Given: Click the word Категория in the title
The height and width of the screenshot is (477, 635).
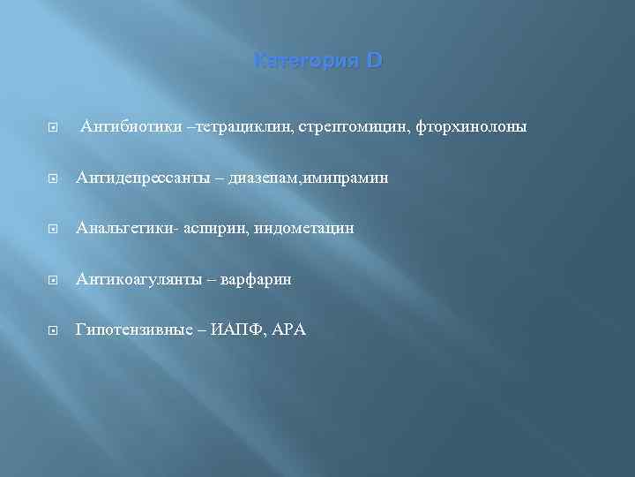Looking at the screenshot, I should point(302,62).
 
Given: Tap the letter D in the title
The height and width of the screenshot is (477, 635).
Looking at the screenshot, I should point(374,62).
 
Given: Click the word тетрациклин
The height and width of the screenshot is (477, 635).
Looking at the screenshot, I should point(215,127).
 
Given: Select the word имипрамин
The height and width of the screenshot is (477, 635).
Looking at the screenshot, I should point(346,178).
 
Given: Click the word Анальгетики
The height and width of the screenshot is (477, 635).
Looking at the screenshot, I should point(124,229).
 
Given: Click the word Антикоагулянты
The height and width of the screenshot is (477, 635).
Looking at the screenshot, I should point(139,279).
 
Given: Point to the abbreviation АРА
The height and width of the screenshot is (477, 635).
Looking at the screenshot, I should point(288,329).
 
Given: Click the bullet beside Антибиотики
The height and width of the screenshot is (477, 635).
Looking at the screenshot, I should point(55,128).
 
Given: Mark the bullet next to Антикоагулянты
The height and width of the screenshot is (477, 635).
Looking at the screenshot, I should point(55,280).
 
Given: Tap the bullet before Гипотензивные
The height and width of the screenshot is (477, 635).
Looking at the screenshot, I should point(55,330).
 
